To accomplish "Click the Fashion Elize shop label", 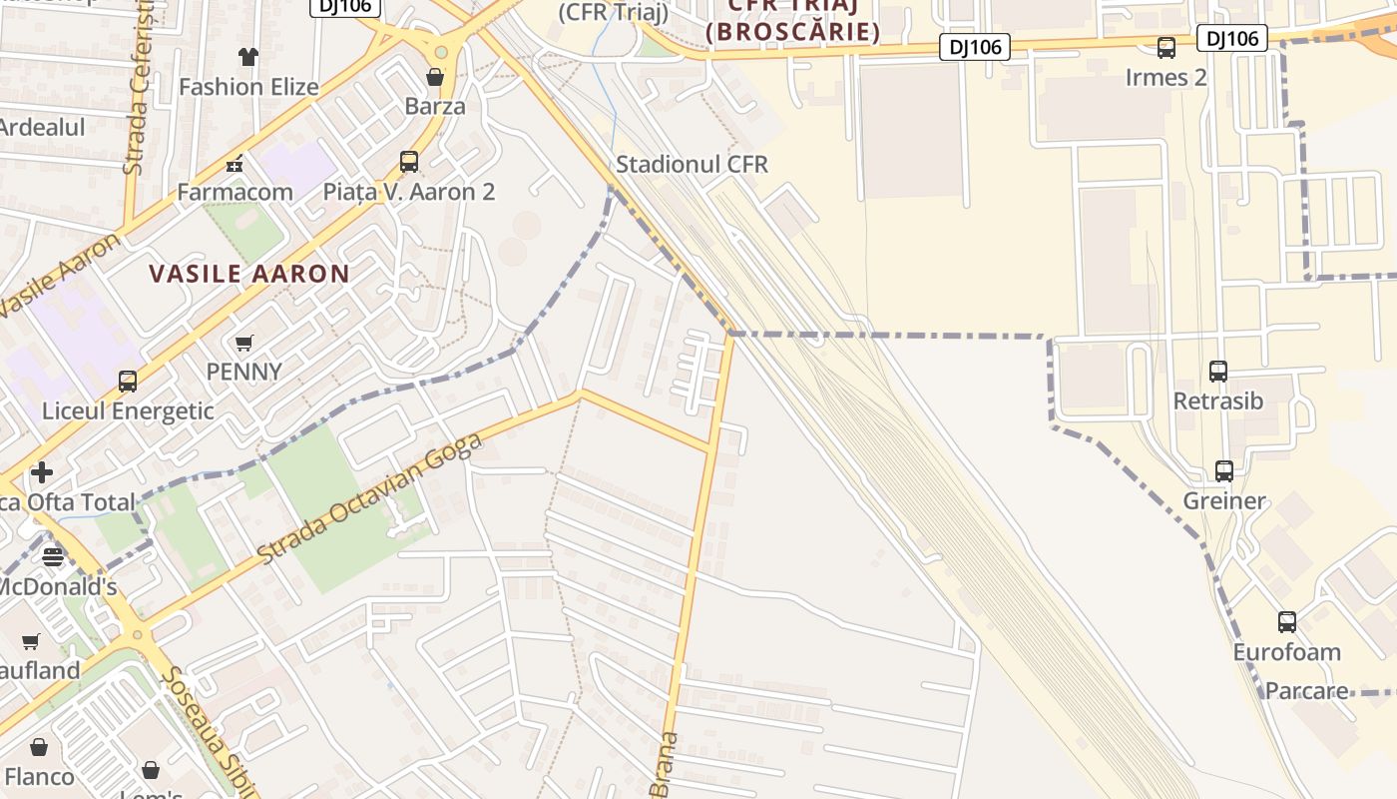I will [248, 87].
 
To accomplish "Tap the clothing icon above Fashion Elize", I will [248, 57].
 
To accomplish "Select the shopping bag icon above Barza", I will [435, 76].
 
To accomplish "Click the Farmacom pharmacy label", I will [235, 192].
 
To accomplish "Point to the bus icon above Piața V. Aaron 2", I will [409, 161].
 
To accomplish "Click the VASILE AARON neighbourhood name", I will [249, 274].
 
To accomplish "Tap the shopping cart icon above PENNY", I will [244, 343].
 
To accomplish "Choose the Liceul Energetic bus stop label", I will [128, 410].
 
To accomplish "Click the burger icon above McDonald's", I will [53, 556].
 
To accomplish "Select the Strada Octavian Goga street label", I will [370, 496].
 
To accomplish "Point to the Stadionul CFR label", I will [693, 164].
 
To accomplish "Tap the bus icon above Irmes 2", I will [1165, 47].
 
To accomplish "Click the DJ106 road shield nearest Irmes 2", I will [1231, 39].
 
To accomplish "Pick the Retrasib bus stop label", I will [1218, 401].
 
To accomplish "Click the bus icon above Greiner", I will [1224, 470].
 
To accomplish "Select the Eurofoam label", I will [1287, 653].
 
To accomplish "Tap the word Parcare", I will [1307, 691].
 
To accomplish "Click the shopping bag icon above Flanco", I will [39, 747].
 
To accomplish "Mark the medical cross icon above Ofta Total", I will [42, 471].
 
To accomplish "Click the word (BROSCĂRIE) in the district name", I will [793, 32].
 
